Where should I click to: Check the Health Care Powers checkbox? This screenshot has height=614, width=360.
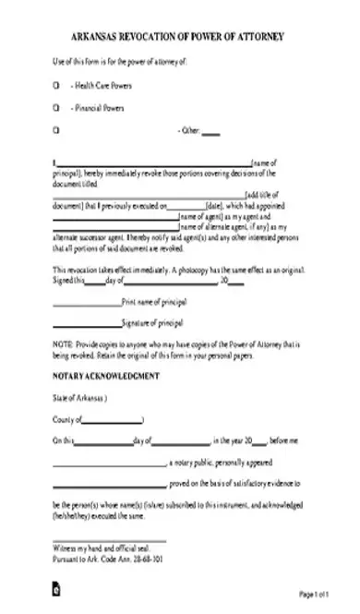(x=55, y=86)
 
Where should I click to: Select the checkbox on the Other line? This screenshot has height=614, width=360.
(x=55, y=131)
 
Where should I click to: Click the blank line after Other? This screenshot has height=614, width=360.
(x=211, y=134)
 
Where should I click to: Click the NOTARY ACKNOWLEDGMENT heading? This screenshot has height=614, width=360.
(x=106, y=376)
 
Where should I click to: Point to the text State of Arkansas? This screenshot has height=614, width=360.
(x=79, y=399)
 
